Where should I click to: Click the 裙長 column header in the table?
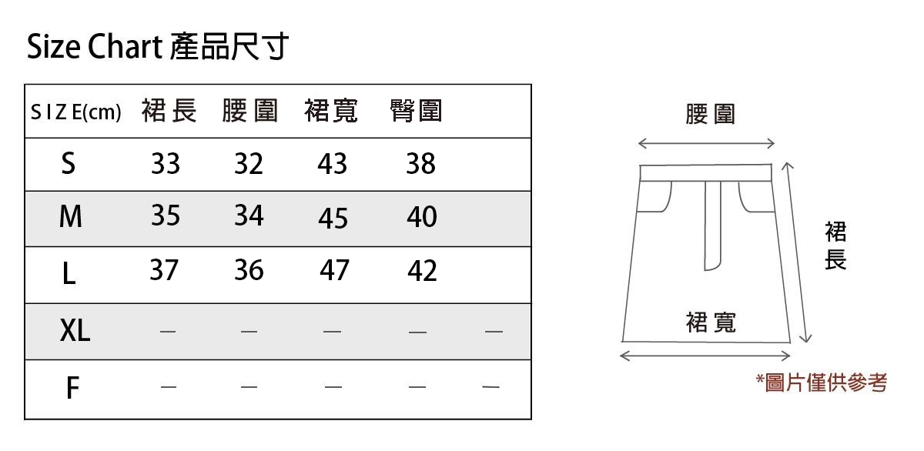(x=169, y=112)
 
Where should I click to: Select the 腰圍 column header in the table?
(x=249, y=112)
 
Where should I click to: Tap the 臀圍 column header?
(x=417, y=112)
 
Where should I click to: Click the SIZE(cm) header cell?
(x=76, y=112)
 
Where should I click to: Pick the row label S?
(x=69, y=163)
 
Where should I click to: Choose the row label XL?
(x=75, y=331)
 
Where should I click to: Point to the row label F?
(x=72, y=388)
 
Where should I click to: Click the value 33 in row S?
(x=166, y=163)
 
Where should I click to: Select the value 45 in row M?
(x=333, y=219)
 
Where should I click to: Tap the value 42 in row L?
(x=421, y=271)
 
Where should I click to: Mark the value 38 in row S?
(x=420, y=163)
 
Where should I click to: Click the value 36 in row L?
(x=249, y=270)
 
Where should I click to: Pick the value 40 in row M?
(x=421, y=217)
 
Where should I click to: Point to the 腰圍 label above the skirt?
(x=710, y=114)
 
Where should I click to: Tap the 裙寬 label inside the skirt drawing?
(x=711, y=322)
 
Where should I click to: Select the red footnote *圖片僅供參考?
(x=821, y=382)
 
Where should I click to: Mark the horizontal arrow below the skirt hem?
(x=705, y=356)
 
